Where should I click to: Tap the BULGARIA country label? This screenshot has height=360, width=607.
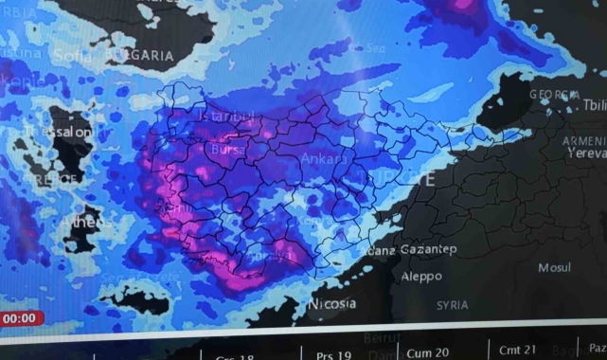pyautogui.click(x=141, y=55)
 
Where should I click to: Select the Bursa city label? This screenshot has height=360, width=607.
pyautogui.click(x=228, y=150)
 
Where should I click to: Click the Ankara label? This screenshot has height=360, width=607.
pyautogui.click(x=324, y=159)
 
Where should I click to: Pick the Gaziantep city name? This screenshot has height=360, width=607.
pyautogui.click(x=428, y=249)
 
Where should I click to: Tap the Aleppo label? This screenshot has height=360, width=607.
pyautogui.click(x=421, y=277)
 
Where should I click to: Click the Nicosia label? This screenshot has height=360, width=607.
pyautogui.click(x=331, y=303)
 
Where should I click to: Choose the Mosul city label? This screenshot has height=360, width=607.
pyautogui.click(x=554, y=268)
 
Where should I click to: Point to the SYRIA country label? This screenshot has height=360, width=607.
pyautogui.click(x=452, y=305)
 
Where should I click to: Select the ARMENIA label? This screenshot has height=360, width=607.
pyautogui.click(x=583, y=141)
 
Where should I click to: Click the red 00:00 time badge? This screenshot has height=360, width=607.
pyautogui.click(x=19, y=318)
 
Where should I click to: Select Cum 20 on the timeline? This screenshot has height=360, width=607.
pyautogui.click(x=427, y=352)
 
